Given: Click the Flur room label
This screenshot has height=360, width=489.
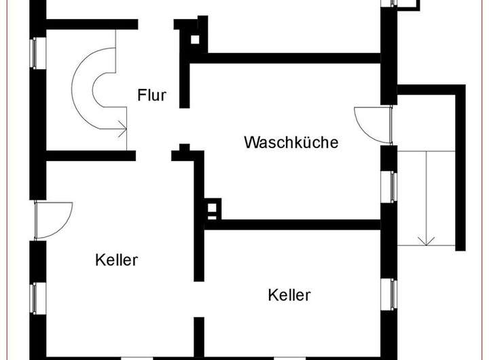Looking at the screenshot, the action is coord(151,94).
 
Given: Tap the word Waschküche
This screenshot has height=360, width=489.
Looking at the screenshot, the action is coord(291,143).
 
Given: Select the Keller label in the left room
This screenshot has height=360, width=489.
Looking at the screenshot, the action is coord(117,259).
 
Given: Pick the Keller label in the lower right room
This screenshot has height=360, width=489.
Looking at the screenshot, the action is coord(289,295).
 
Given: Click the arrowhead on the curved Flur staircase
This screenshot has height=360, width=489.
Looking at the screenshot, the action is coord(123,126).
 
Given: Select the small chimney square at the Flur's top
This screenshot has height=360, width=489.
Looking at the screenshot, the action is coord(196,39).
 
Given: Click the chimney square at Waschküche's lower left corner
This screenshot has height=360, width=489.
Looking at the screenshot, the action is coord(213,208).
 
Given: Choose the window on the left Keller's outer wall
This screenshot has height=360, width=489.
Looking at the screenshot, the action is coord(35,295).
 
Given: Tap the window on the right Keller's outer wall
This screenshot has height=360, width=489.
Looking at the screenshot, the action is coord(393,293).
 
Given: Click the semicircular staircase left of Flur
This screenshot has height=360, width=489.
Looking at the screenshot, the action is coord(95,91).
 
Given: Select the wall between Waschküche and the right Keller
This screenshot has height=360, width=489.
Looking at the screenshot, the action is coord(299,223).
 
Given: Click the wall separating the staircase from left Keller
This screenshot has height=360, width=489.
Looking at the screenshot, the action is coord(88,156).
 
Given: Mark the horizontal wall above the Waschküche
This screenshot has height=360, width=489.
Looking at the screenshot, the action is coord(285,58).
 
